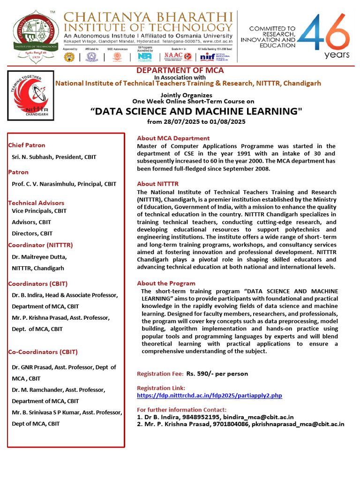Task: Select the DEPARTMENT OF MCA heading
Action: coord(180,70)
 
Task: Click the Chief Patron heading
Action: coord(27,145)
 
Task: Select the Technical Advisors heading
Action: coord(36,203)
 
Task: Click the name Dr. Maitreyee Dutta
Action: coord(39,257)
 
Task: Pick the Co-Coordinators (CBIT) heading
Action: coord(43,352)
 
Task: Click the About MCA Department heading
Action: coord(173,138)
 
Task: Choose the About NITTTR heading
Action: coord(158,184)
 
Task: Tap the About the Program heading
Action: coord(166,283)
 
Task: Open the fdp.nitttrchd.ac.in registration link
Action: coord(210,396)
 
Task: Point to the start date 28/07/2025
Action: coord(180,122)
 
